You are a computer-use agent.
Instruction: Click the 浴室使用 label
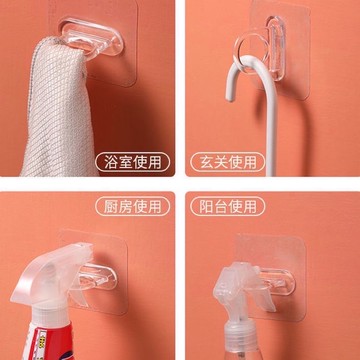pos(132,162)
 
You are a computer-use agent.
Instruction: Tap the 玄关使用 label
pos(228,162)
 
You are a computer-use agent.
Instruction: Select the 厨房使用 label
pos(132,206)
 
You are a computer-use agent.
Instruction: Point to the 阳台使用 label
pos(228,206)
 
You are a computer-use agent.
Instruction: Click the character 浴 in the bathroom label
pos(110,162)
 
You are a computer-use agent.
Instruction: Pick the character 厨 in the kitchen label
pos(110,206)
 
